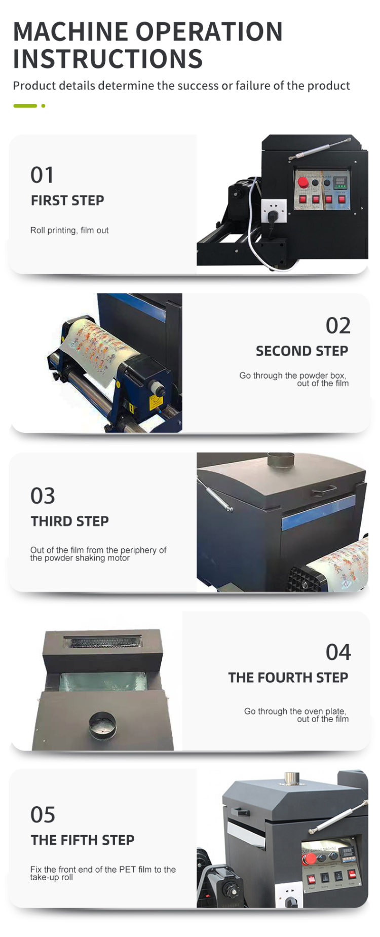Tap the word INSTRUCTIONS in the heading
click(x=108, y=59)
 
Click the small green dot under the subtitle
click(x=44, y=106)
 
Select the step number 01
click(x=42, y=175)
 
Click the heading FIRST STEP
click(x=67, y=201)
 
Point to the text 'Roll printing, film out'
click(x=69, y=230)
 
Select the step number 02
click(x=338, y=325)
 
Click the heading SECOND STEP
click(x=302, y=351)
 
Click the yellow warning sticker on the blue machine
click(x=155, y=403)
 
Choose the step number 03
click(x=43, y=496)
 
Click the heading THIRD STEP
click(x=70, y=521)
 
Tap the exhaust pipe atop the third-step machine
click(x=281, y=461)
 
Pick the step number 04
click(x=338, y=652)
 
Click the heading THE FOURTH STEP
click(x=288, y=678)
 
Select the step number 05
click(x=43, y=815)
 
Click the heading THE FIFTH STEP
click(x=83, y=840)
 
